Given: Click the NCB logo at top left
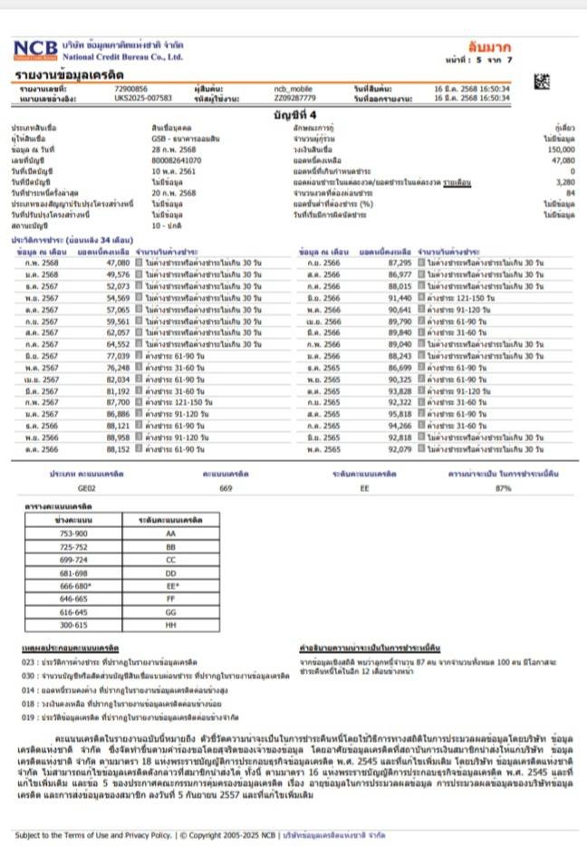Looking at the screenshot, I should coord(34,50).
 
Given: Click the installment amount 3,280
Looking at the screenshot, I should coord(565,184).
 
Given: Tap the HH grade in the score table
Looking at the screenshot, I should coord(169,624).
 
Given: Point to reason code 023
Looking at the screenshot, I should coord(26,663).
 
